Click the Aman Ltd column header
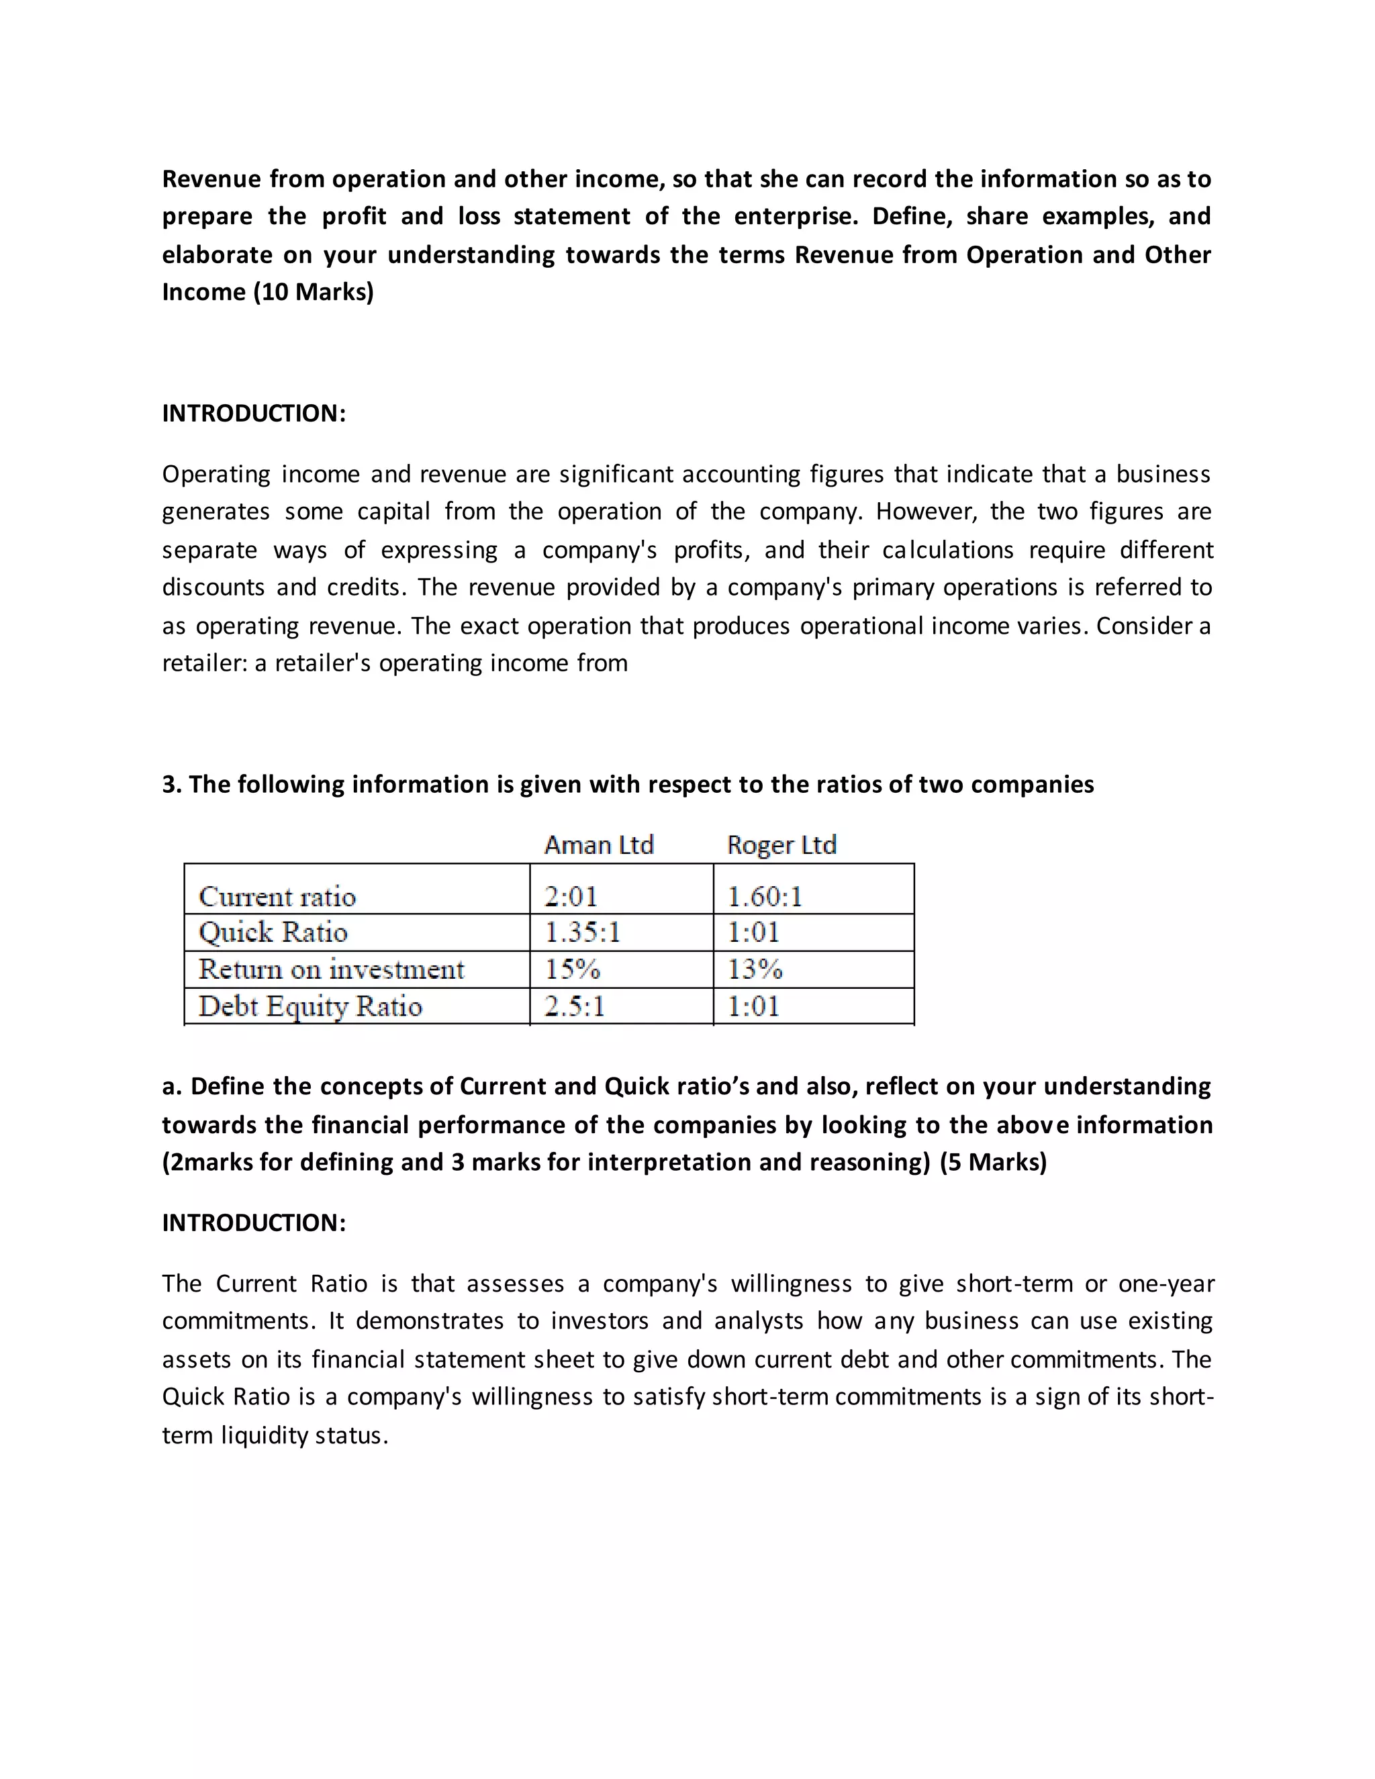click(x=599, y=845)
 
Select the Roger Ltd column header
click(x=781, y=845)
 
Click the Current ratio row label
click(x=277, y=897)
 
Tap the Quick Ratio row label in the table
click(x=273, y=932)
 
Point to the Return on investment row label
click(x=331, y=969)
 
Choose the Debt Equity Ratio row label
click(x=310, y=1006)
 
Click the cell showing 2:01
click(x=571, y=897)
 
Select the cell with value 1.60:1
click(x=764, y=897)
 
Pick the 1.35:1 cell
click(x=582, y=932)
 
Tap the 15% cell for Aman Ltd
click(x=572, y=969)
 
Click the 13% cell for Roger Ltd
click(x=754, y=969)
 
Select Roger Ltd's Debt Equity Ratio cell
click(x=753, y=1006)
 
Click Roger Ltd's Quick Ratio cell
click(x=753, y=932)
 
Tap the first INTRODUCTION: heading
click(x=253, y=413)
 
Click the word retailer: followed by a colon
click(x=205, y=663)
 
